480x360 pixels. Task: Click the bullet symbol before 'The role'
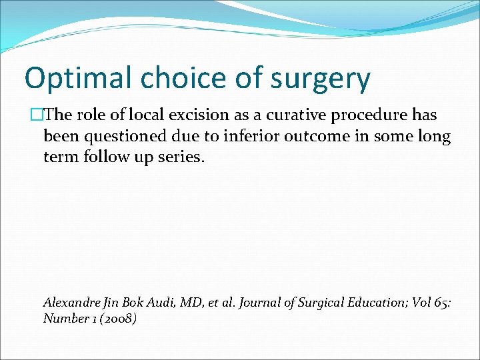click(37, 115)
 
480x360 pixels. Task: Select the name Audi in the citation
click(159, 302)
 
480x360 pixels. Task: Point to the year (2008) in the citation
click(117, 319)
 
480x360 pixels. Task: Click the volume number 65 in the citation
click(441, 302)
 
